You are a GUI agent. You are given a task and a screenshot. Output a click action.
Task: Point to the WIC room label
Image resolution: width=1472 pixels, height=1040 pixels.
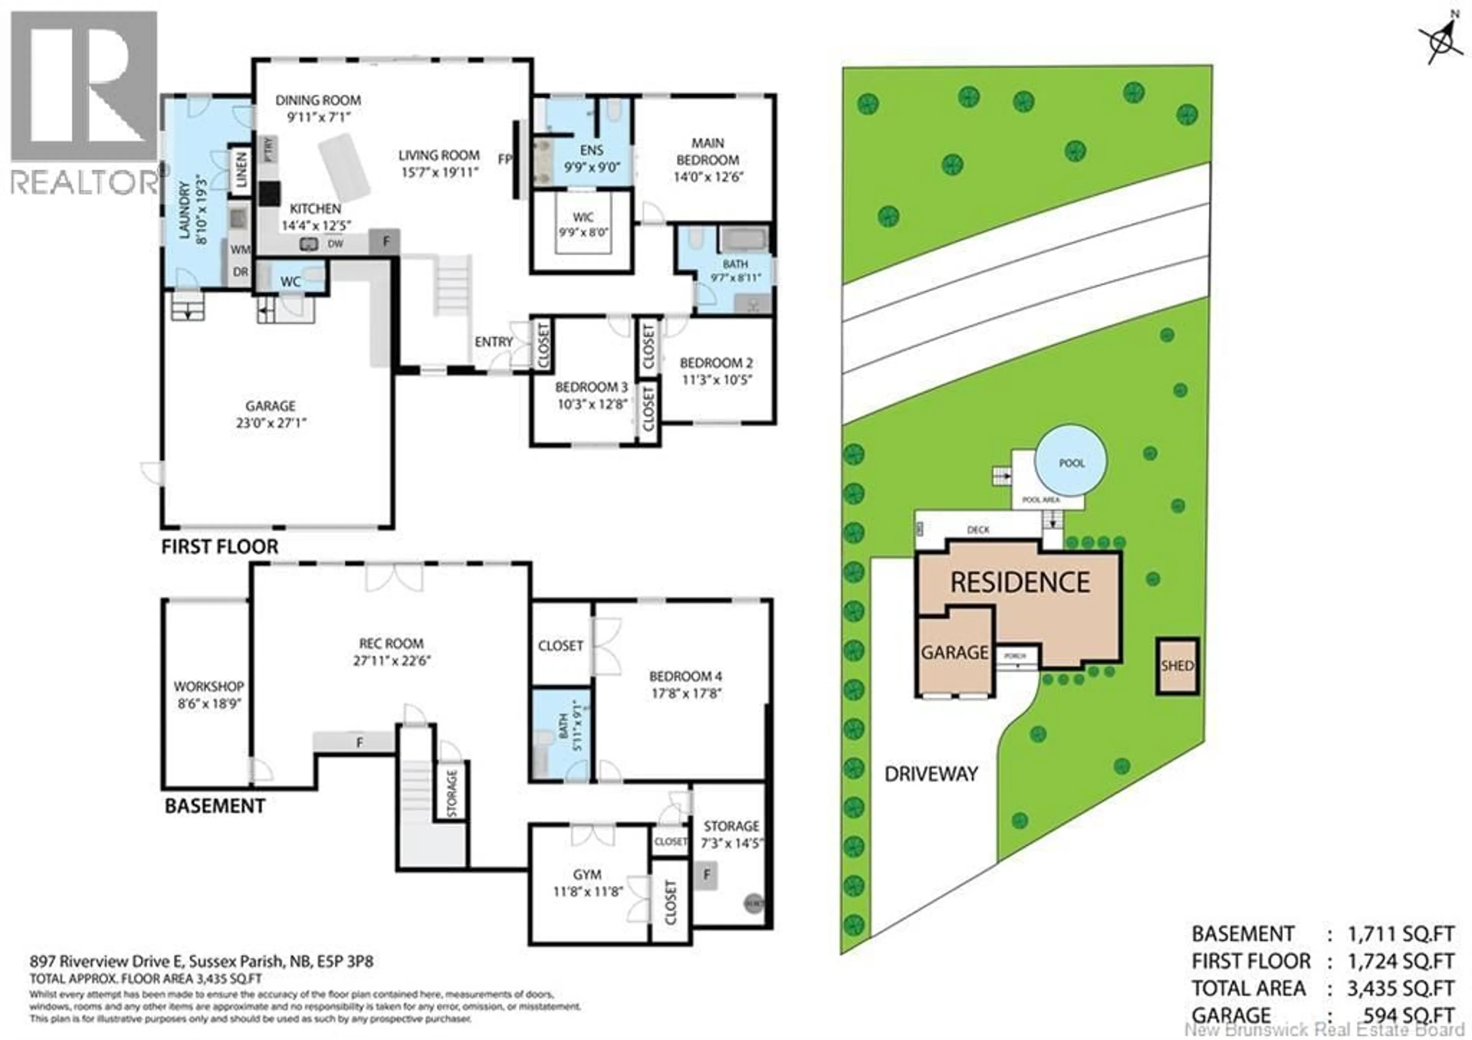click(582, 218)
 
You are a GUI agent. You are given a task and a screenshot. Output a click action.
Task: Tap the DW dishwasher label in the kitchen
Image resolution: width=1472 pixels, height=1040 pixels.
click(335, 244)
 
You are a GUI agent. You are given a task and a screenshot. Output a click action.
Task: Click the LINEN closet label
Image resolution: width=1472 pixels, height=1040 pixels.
click(241, 170)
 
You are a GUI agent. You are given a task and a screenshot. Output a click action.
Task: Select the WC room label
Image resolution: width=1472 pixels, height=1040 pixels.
click(291, 282)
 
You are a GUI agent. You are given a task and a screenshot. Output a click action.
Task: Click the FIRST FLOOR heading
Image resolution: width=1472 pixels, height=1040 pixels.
click(219, 547)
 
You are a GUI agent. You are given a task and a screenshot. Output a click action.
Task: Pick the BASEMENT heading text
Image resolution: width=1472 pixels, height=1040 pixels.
click(215, 806)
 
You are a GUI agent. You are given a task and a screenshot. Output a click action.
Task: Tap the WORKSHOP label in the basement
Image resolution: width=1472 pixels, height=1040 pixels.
click(209, 686)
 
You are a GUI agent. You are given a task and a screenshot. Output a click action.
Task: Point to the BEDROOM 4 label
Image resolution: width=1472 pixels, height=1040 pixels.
click(685, 676)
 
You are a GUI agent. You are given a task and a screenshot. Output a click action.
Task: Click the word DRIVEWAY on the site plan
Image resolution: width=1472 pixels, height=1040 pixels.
click(931, 774)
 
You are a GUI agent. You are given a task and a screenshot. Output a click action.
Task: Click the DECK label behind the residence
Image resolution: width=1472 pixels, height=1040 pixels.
click(978, 530)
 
